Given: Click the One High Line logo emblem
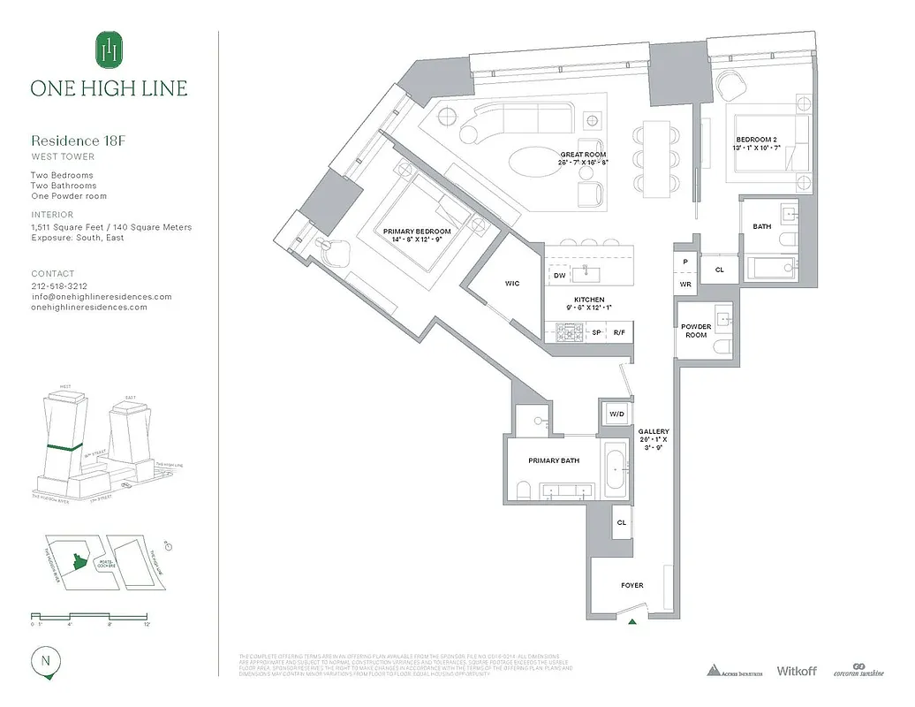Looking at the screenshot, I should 109,49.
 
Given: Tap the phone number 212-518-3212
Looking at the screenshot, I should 60,286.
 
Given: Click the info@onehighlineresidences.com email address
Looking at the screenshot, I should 102,297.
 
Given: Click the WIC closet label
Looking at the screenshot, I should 512,284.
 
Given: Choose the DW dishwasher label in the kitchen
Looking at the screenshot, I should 559,276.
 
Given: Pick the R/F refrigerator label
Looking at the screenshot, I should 621,332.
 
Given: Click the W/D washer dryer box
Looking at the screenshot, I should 616,414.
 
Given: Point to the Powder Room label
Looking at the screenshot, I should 696,331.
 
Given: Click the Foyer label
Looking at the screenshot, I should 631,585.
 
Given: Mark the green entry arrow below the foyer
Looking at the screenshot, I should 632,622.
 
